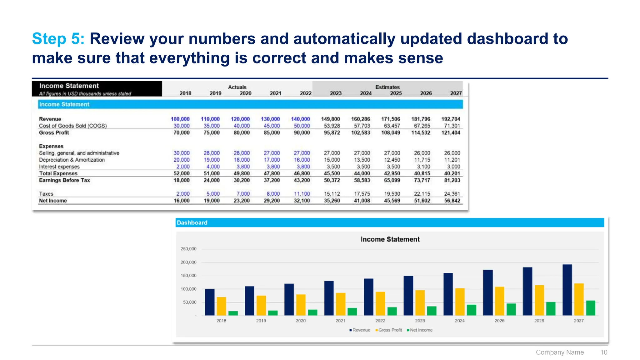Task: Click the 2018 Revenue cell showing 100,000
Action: click(x=180, y=119)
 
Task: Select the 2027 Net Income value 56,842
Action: click(x=452, y=201)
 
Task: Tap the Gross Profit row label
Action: click(x=54, y=133)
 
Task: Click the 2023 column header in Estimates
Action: click(x=336, y=93)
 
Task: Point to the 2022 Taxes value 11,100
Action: click(x=302, y=194)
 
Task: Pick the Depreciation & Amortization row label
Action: click(x=72, y=160)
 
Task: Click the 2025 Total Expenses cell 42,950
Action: click(x=392, y=173)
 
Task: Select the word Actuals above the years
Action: click(x=237, y=87)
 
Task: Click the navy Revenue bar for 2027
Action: click(x=567, y=290)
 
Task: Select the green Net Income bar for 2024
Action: click(x=471, y=310)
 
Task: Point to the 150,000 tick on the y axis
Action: click(x=188, y=276)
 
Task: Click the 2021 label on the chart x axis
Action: click(x=340, y=321)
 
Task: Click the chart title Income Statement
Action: click(x=390, y=239)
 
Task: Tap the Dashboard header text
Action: click(x=192, y=223)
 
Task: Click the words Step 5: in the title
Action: click(x=58, y=39)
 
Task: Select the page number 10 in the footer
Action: click(x=603, y=352)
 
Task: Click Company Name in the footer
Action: click(x=560, y=352)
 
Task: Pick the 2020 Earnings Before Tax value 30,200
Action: click(x=242, y=180)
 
